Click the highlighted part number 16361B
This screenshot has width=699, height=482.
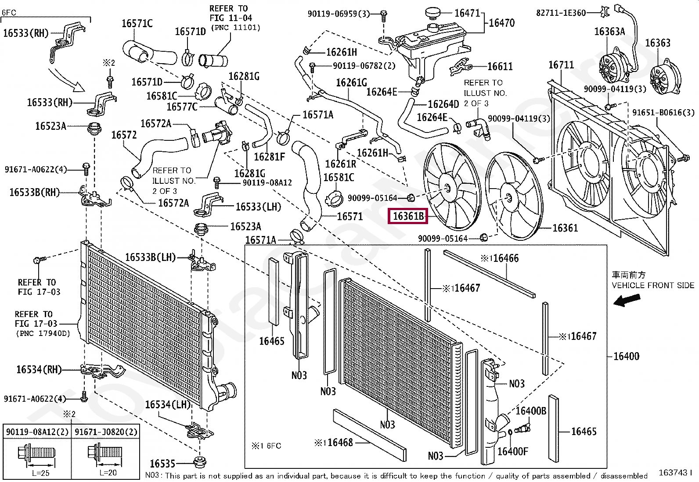[x=408, y=216]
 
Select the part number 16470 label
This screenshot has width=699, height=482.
[x=501, y=23]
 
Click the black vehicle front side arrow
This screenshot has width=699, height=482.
[x=627, y=300]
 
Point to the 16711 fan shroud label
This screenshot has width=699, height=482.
[x=561, y=65]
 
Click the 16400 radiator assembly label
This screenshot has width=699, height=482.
[x=626, y=356]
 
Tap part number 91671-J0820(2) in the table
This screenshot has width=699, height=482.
[x=106, y=432]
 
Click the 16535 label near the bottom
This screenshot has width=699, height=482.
[x=162, y=464]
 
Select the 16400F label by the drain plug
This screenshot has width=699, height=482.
[x=512, y=451]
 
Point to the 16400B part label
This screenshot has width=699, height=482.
[x=531, y=411]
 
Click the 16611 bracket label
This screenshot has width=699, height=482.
[x=500, y=66]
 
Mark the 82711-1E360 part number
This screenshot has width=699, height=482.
[x=561, y=13]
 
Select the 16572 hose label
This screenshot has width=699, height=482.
[x=124, y=135]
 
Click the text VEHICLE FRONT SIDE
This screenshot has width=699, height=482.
[x=653, y=285]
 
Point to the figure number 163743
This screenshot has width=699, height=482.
[x=673, y=472]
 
